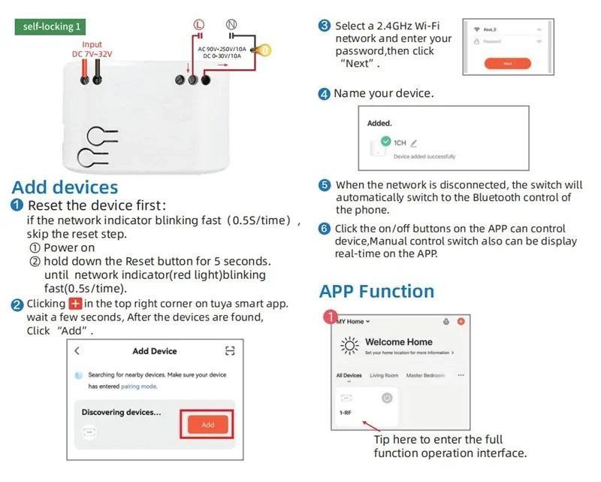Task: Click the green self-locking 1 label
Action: (50, 27)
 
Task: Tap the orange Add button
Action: (208, 424)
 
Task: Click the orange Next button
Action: (507, 64)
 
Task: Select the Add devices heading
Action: (65, 187)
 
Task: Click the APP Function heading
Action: (377, 291)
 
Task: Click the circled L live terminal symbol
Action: (199, 25)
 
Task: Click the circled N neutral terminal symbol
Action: (231, 25)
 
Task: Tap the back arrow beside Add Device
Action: (77, 351)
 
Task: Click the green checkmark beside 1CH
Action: (385, 141)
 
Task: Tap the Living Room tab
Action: (384, 375)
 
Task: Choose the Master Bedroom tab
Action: (424, 375)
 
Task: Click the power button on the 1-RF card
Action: (388, 397)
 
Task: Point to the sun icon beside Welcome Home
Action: (349, 346)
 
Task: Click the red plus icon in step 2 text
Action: (75, 304)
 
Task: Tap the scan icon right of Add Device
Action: (230, 351)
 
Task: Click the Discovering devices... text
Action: (121, 412)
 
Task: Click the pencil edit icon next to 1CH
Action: (414, 142)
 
